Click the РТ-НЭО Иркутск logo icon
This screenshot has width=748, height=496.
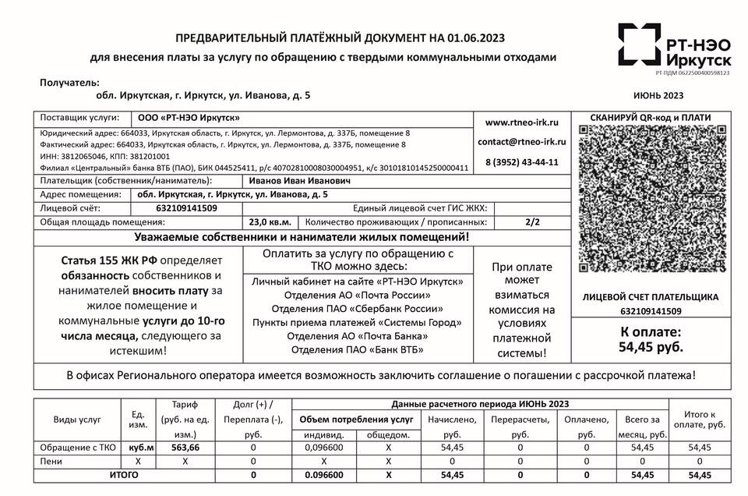click(638, 44)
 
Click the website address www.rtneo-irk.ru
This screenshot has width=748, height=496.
click(521, 122)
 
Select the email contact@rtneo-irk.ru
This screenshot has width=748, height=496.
click(521, 142)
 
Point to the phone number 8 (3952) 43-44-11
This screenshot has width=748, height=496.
click(521, 162)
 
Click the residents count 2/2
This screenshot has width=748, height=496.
click(532, 222)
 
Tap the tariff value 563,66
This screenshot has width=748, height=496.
click(185, 448)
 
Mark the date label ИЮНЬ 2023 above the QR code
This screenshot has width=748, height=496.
click(658, 96)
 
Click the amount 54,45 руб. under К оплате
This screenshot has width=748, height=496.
click(651, 346)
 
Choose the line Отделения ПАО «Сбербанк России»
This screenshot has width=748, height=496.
click(358, 308)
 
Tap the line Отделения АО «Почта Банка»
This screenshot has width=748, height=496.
click(358, 336)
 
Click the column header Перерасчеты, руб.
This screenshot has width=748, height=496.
click(520, 427)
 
